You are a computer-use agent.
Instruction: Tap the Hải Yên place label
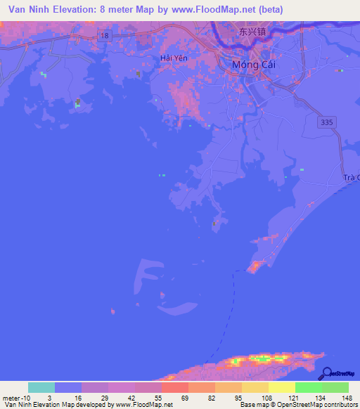[174, 58]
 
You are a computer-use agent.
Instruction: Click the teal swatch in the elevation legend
[41, 387]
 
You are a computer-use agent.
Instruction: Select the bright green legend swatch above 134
[309, 387]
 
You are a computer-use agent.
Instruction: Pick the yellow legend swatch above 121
[282, 387]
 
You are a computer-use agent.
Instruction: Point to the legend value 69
[185, 398]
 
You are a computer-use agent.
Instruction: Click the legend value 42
[132, 398]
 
